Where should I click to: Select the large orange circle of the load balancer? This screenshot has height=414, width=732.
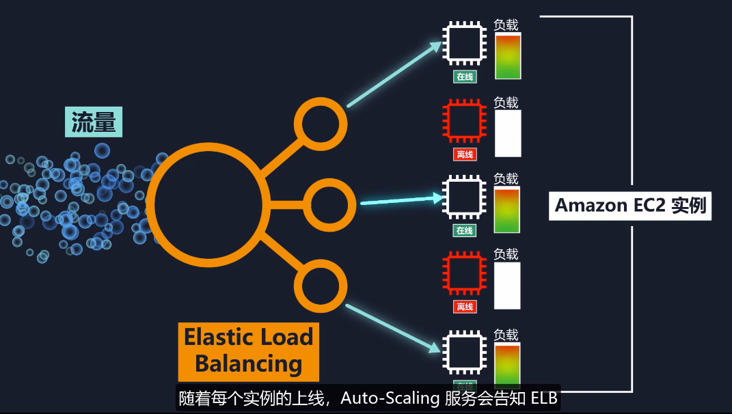pos(204,203)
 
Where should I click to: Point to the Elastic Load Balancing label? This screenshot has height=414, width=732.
pos(248,350)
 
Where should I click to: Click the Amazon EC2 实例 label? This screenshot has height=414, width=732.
pos(629,205)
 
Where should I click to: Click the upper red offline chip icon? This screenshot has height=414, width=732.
pos(465,121)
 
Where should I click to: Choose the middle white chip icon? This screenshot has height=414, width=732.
pos(465,197)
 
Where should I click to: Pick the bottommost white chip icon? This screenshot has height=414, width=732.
pos(465,352)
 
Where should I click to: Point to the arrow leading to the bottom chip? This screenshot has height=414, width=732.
pos(393,329)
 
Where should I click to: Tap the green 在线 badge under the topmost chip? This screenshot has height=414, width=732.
pos(465,77)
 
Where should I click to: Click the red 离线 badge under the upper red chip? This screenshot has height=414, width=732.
pos(465,155)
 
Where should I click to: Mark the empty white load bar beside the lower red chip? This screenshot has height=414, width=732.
pos(507,286)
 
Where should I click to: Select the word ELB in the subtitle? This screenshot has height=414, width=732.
pos(544,398)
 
